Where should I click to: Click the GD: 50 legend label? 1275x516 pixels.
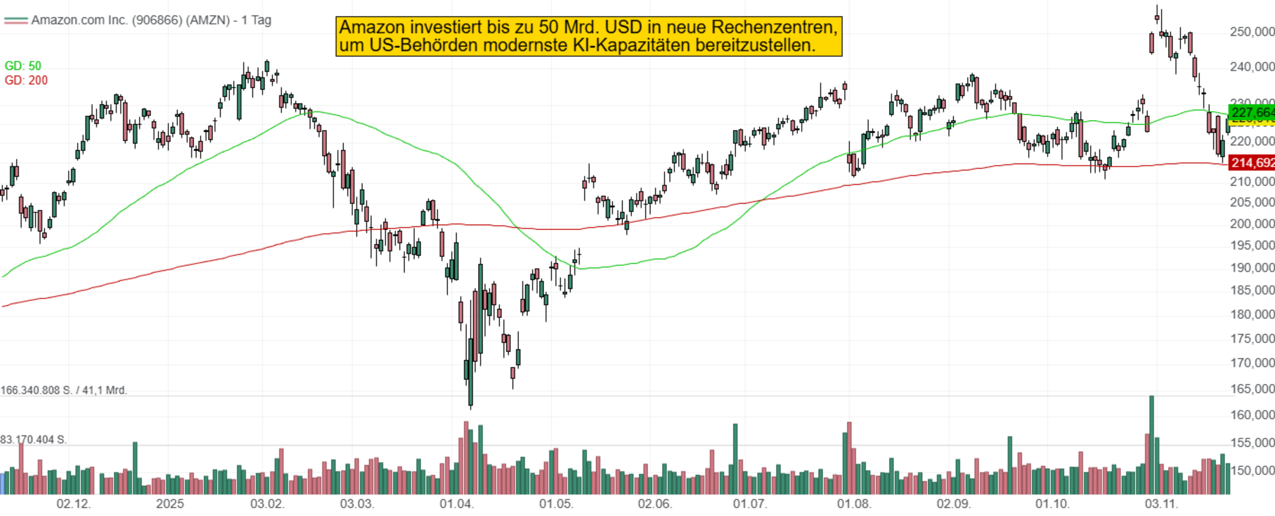(23, 66)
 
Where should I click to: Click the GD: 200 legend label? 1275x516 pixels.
(26, 80)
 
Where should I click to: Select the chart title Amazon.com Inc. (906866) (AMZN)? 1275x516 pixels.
(131, 20)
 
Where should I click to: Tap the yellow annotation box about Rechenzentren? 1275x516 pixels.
(589, 36)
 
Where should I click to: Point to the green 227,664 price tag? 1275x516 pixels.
(1251, 113)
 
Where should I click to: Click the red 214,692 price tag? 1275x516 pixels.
(1251, 162)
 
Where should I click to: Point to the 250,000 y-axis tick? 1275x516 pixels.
(1252, 32)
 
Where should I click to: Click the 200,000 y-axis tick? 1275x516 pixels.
(1252, 223)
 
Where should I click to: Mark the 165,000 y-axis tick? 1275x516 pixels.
(1252, 389)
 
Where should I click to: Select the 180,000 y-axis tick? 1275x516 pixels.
(1252, 314)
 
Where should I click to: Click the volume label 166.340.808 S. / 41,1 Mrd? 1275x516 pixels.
(64, 390)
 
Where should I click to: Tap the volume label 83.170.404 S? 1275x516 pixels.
(34, 440)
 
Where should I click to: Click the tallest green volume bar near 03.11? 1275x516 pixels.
(1151, 446)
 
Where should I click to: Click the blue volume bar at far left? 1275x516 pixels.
(2, 484)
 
